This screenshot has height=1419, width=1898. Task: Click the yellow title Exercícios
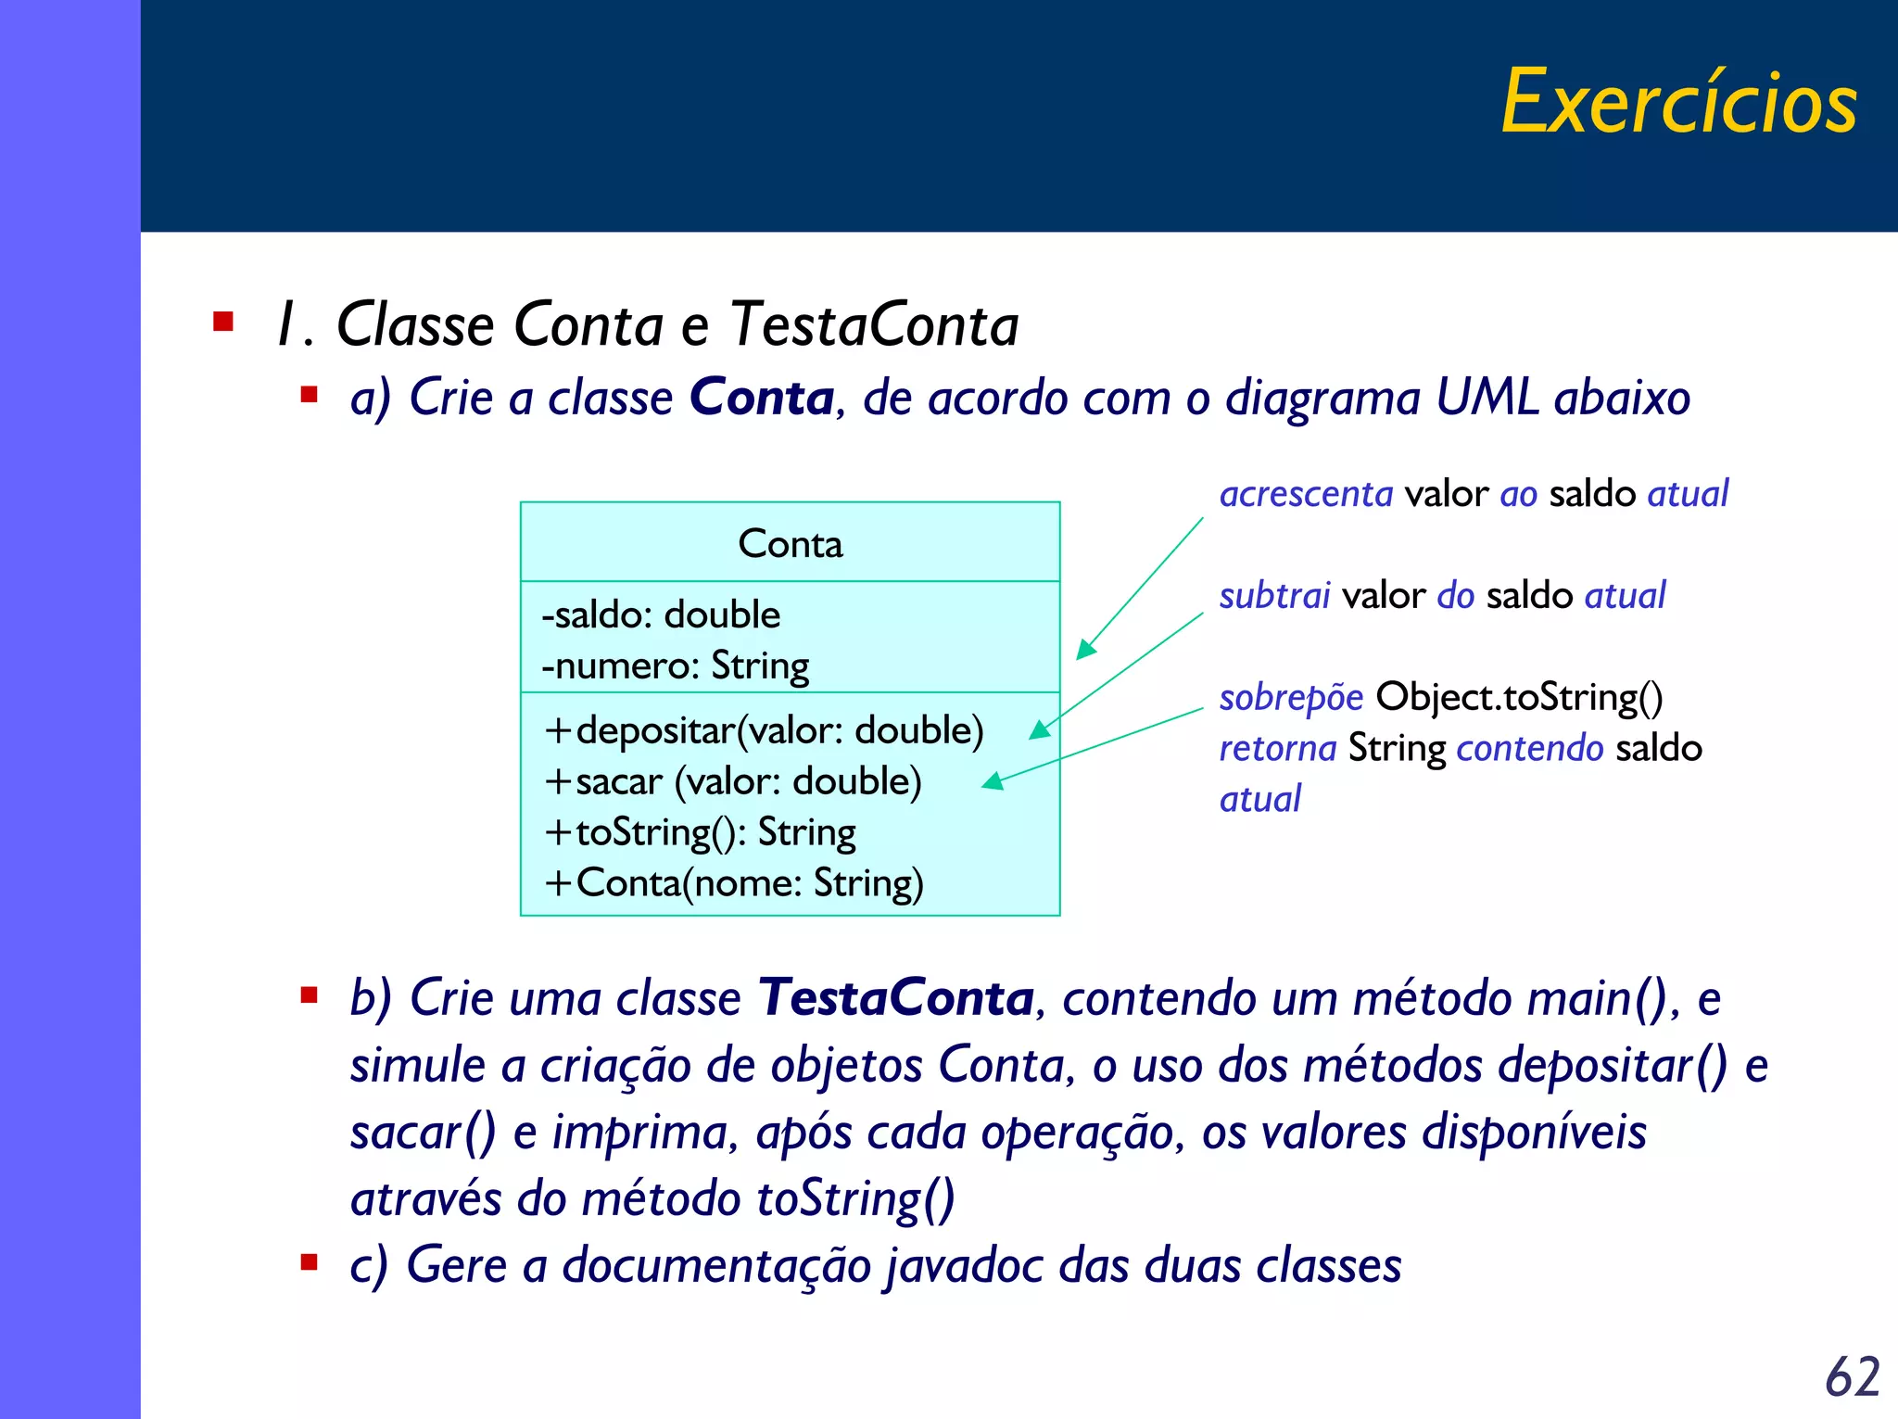(x=1678, y=102)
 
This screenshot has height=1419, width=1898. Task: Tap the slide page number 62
(x=1852, y=1376)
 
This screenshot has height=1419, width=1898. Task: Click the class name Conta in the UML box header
(x=790, y=544)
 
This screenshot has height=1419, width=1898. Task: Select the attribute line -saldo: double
(x=661, y=615)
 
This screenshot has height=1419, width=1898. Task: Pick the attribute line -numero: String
(x=675, y=666)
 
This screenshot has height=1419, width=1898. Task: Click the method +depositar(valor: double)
(x=764, y=731)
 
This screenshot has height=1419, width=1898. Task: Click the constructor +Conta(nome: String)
(x=733, y=883)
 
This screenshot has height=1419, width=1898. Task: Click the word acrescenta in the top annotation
(x=1305, y=494)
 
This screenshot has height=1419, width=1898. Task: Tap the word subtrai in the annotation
(x=1274, y=596)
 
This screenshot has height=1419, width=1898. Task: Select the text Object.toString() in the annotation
(x=1519, y=697)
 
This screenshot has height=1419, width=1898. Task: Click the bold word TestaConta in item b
(x=895, y=998)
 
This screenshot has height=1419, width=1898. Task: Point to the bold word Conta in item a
(x=762, y=399)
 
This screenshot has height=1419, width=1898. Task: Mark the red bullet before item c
(x=310, y=1262)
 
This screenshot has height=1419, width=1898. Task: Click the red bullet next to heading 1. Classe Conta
(x=223, y=323)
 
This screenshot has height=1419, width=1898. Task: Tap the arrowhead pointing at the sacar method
(x=993, y=782)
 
